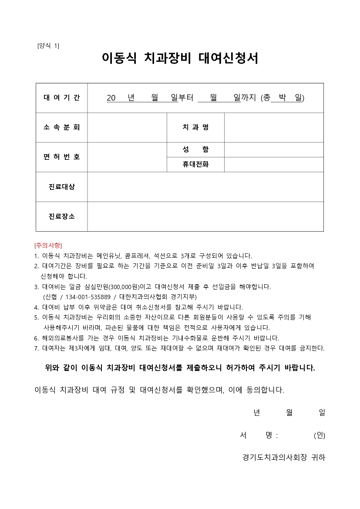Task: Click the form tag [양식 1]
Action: [49, 46]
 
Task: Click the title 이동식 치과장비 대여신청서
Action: [180, 58]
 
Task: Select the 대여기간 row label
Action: [62, 98]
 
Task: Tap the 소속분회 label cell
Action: [62, 127]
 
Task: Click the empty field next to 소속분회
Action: [127, 127]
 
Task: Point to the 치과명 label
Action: [195, 127]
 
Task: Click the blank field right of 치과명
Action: [274, 127]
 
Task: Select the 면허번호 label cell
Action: [62, 157]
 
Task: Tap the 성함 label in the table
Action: [195, 149]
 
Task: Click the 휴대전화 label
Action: [195, 165]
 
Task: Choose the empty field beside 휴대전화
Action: [274, 165]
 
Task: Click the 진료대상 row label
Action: [62, 187]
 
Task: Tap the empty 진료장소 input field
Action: [205, 216]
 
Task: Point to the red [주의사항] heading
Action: [48, 246]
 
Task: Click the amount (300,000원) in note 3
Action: [123, 287]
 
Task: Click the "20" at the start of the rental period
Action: [111, 98]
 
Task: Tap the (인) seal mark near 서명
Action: [319, 435]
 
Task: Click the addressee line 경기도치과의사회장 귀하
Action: [284, 457]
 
